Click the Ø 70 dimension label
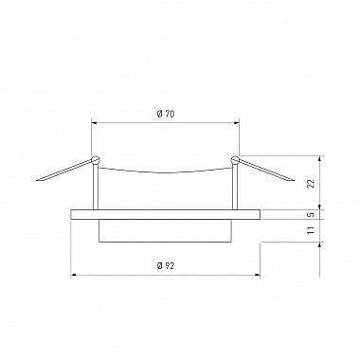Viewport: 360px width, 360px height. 166,114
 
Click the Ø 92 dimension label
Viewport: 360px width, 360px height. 166,266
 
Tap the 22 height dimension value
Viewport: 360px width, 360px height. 312,184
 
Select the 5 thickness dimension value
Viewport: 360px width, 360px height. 312,214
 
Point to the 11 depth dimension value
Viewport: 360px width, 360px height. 312,230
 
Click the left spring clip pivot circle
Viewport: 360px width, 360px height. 95,160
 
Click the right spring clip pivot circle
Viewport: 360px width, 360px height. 235,160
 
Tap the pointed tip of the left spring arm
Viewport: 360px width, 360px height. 37,180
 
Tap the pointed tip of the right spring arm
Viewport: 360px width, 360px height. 294,181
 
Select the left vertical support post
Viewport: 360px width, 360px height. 96,187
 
